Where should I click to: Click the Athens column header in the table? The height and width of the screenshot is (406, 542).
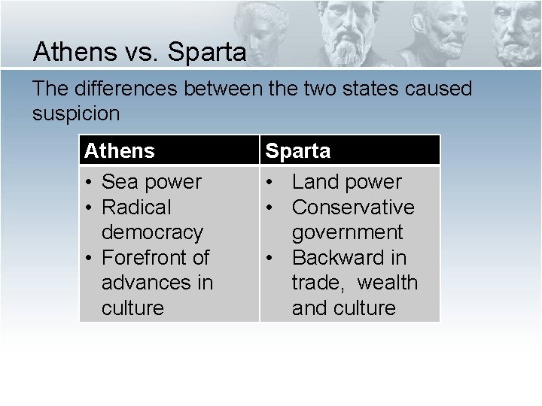120,151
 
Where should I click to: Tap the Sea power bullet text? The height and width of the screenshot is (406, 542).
151,182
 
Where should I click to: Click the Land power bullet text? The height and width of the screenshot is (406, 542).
347,182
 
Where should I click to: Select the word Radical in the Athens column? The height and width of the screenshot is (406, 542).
137,207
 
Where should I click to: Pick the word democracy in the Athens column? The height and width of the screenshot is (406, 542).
154,232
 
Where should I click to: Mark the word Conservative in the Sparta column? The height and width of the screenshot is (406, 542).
353,207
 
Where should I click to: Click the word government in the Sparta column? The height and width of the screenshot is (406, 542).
348,232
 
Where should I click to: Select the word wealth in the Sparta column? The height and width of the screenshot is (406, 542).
387,283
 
